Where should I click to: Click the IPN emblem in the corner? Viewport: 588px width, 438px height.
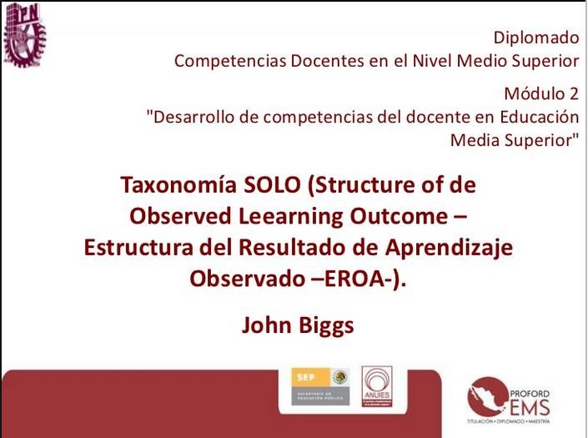(24, 33)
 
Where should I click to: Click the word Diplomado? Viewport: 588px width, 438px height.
(535, 37)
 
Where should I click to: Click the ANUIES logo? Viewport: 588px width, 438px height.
(378, 387)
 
